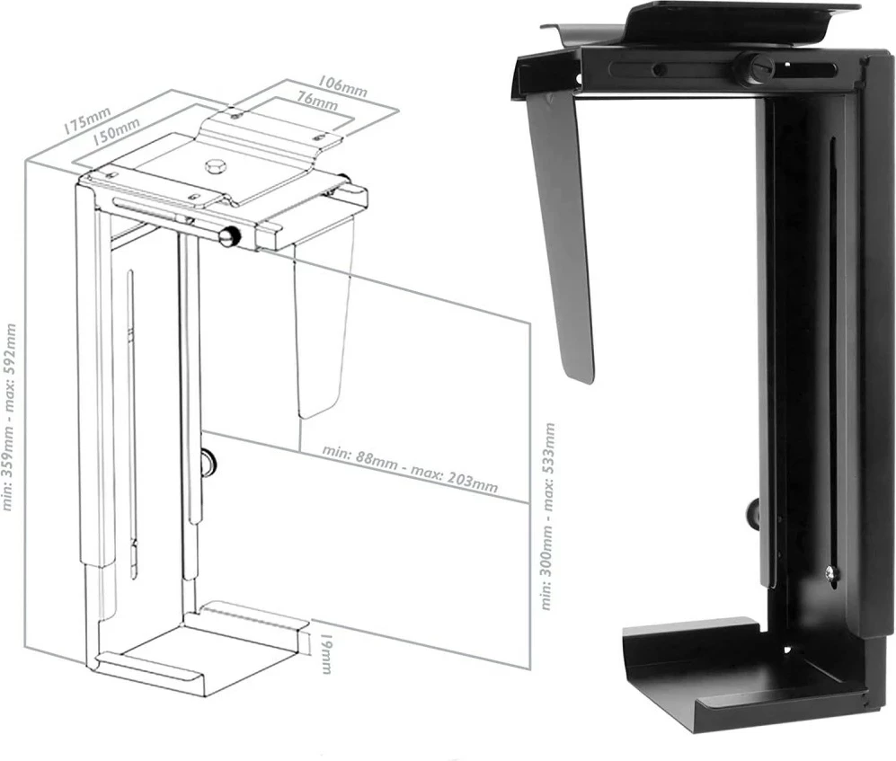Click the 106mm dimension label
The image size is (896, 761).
pyautogui.click(x=342, y=84)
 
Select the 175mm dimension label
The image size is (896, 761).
pyautogui.click(x=86, y=120)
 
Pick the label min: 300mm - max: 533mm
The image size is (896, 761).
pyautogui.click(x=547, y=517)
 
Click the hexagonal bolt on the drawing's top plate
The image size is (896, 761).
pyautogui.click(x=216, y=166)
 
